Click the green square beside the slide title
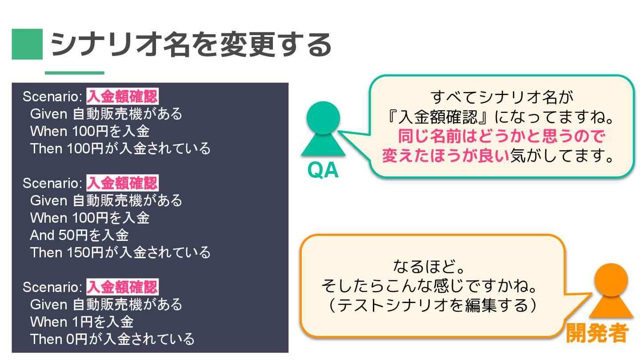(27, 44)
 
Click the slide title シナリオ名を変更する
(191, 44)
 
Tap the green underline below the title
(74, 73)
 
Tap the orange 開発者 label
(596, 333)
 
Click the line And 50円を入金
(79, 235)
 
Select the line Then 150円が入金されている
(120, 252)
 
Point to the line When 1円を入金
(82, 321)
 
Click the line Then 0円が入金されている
(112, 339)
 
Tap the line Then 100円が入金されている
(120, 148)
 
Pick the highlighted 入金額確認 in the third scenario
(122, 287)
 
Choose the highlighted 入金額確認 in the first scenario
(122, 96)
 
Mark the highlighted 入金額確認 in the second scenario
(122, 183)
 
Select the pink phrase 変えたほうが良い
(445, 156)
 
